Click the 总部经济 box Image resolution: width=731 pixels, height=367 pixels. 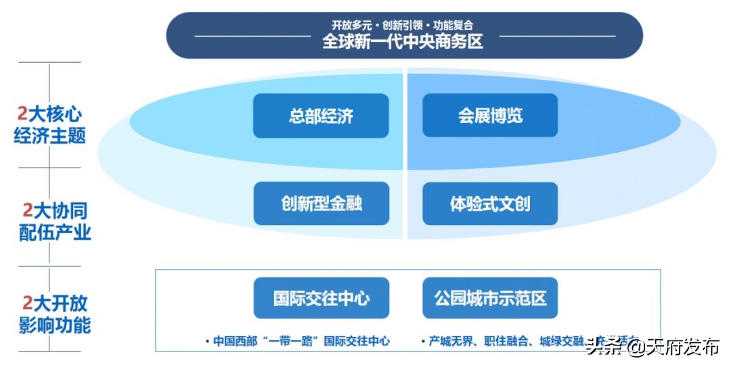pos(321,116)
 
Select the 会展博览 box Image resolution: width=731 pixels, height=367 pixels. pos(490,116)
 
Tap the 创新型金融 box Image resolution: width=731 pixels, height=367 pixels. pos(321,203)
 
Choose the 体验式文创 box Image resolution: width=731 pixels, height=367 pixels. pos(490,203)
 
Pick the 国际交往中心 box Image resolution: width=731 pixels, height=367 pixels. pos(321,298)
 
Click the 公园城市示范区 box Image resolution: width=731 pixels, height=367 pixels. pos(490,298)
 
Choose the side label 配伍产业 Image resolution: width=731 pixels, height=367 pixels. pos(54,233)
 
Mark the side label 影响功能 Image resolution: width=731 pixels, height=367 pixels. pos(54,325)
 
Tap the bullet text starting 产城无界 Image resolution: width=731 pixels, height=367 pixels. pos(501,341)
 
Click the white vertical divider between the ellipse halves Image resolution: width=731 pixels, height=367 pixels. pos(405,155)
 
